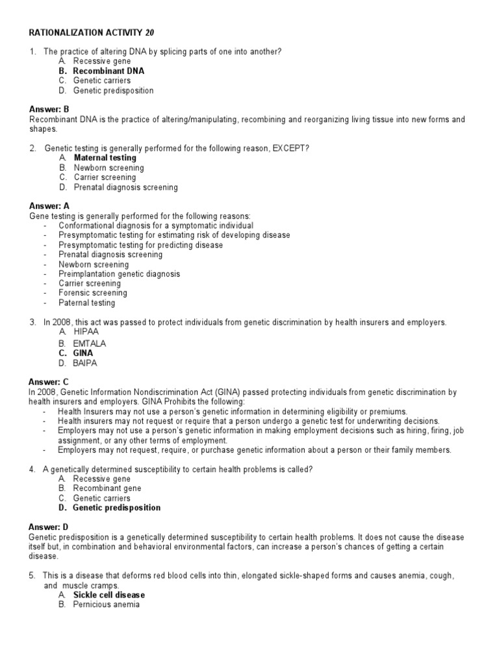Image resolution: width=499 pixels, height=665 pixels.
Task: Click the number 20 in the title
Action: coord(149,32)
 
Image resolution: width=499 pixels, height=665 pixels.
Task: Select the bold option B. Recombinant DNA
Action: coord(108,71)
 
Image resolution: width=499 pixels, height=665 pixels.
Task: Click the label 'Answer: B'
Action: coord(49,109)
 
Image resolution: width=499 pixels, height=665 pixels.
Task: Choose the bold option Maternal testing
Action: coord(105,158)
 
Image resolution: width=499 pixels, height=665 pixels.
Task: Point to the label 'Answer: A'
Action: coord(49,206)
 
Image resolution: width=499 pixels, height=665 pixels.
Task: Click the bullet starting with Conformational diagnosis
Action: coord(156,225)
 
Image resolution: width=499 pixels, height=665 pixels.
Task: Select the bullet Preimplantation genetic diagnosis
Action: coord(120,274)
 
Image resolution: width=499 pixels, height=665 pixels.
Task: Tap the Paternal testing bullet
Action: coord(86,303)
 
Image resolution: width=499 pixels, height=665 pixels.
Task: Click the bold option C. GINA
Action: coord(83,353)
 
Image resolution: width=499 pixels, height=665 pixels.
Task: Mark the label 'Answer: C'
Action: coord(49,383)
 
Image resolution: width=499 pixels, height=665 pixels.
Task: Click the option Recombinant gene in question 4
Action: coord(107,488)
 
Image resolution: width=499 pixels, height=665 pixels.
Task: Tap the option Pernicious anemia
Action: coord(107,605)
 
